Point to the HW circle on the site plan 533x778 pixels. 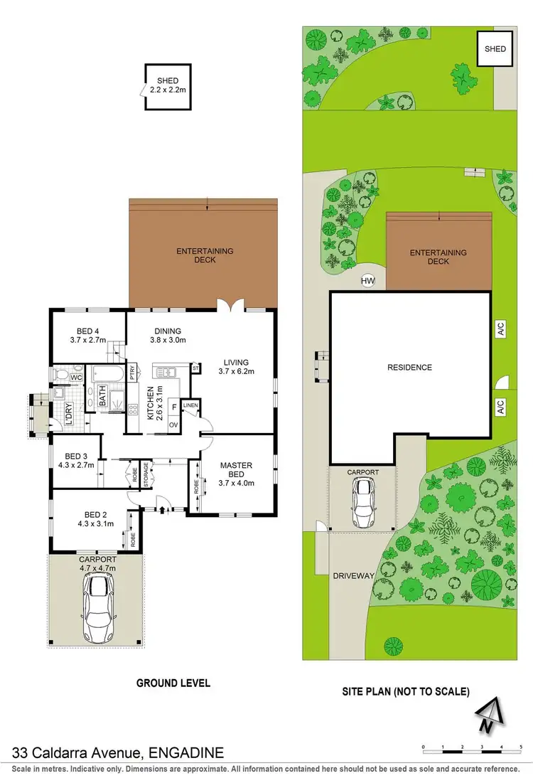367,282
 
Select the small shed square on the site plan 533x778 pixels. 495,49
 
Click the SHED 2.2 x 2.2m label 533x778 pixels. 168,85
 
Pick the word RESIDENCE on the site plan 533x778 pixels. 409,368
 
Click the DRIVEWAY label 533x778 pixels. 353,576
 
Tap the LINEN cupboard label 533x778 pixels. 190,405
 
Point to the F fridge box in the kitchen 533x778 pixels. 174,407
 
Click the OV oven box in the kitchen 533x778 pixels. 173,425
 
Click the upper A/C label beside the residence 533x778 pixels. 500,329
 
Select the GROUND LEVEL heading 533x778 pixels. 173,683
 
